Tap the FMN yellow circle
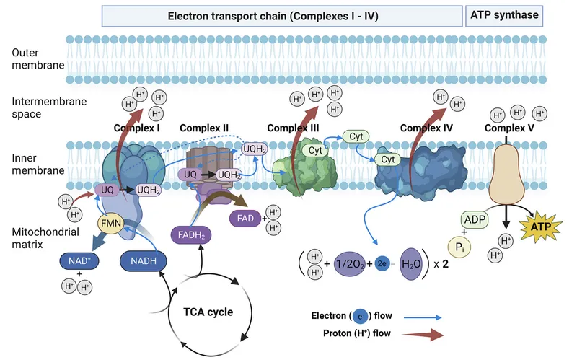(x=110, y=223)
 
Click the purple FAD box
(x=243, y=218)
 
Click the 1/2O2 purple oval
(x=351, y=264)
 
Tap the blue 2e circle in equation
(x=383, y=264)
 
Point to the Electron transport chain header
(x=283, y=14)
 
